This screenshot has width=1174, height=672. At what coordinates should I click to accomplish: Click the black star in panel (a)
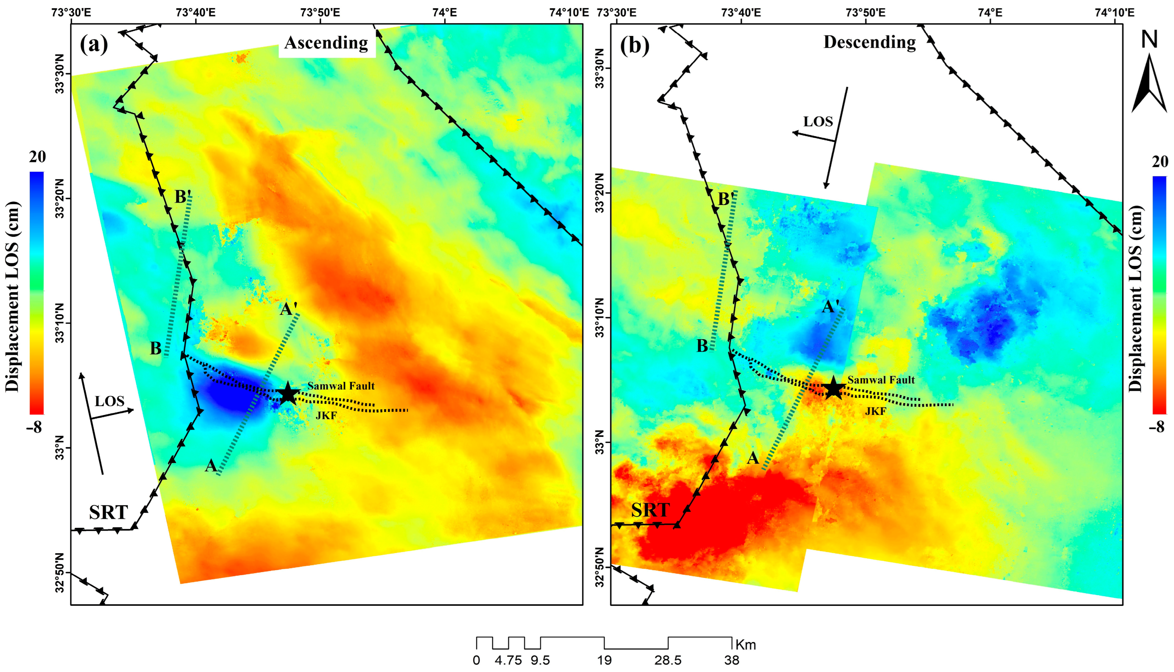click(288, 394)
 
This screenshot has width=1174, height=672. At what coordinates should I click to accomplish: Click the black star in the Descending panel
click(833, 388)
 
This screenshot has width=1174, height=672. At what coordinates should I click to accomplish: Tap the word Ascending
click(326, 43)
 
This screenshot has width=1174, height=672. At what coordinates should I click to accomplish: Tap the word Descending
click(870, 42)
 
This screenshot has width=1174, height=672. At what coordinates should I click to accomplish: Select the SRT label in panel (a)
click(109, 512)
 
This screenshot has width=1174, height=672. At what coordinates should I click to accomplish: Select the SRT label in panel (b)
click(650, 510)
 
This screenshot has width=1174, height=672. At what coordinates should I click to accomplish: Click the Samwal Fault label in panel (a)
click(341, 386)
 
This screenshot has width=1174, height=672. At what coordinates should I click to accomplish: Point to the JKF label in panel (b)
click(875, 411)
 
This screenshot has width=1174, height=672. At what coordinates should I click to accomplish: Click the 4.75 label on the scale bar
click(508, 660)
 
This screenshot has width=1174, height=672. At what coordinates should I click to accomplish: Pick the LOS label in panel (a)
click(110, 401)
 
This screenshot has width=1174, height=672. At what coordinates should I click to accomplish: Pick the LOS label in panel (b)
click(818, 121)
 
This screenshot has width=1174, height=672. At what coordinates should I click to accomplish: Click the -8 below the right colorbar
click(1156, 427)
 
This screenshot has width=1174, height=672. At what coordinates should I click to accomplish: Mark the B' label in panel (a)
click(182, 197)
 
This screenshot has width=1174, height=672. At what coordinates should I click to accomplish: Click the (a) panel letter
click(94, 45)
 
